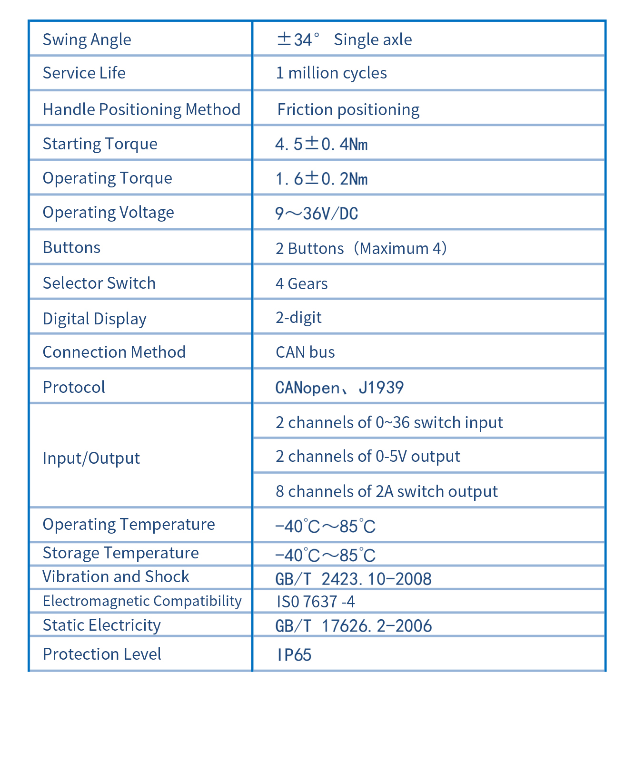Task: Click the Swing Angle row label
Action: (87, 39)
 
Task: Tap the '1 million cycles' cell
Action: (331, 73)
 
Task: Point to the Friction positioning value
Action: (348, 110)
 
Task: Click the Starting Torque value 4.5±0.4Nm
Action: (321, 144)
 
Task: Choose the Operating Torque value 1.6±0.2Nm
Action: (321, 179)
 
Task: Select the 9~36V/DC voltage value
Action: (317, 214)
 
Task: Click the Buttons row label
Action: (71, 248)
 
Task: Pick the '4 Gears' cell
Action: (301, 284)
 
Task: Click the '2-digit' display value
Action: (298, 318)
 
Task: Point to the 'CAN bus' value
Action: (305, 352)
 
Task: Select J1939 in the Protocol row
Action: (381, 388)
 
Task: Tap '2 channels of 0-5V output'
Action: (367, 457)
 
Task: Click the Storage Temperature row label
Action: (120, 553)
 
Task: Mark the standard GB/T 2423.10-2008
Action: (353, 579)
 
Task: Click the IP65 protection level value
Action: (294, 655)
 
